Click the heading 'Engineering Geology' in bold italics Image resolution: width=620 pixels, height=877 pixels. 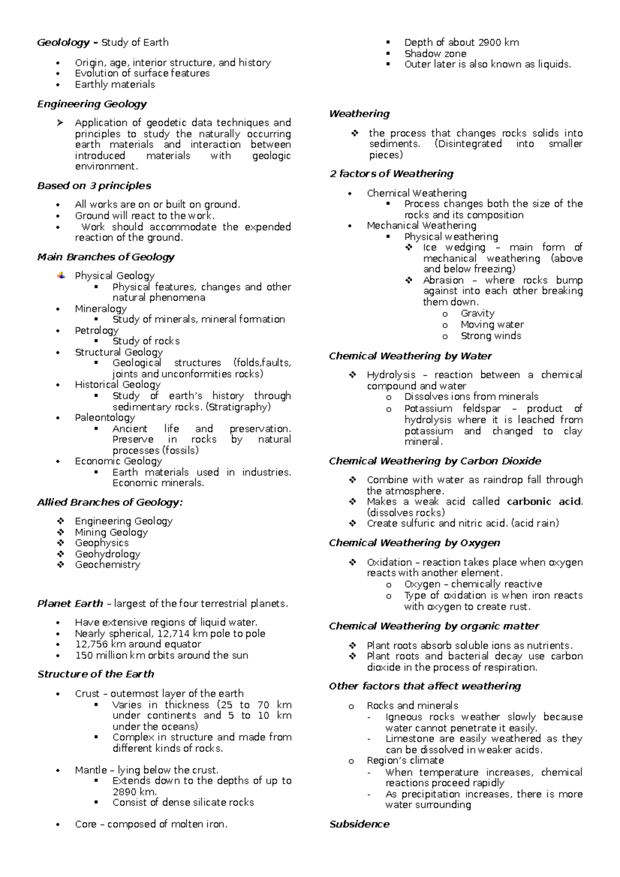[92, 104]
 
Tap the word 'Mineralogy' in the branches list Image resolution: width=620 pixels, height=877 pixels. [101, 309]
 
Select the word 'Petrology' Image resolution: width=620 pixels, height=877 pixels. [97, 331]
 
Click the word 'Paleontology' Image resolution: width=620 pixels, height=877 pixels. [105, 417]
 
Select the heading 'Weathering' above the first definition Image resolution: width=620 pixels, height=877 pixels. [359, 114]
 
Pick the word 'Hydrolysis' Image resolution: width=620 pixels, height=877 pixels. [391, 375]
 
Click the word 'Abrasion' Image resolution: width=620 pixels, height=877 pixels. [443, 280]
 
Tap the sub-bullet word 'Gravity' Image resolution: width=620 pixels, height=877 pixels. [477, 314]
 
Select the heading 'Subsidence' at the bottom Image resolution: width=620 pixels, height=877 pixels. [359, 824]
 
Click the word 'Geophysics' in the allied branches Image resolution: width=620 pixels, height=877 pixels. [102, 543]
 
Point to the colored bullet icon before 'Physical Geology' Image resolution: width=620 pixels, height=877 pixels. [61, 276]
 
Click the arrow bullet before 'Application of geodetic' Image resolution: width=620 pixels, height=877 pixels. [60, 123]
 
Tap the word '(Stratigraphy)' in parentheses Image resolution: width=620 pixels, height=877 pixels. [238, 407]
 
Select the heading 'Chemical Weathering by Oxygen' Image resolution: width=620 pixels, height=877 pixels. [414, 543]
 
